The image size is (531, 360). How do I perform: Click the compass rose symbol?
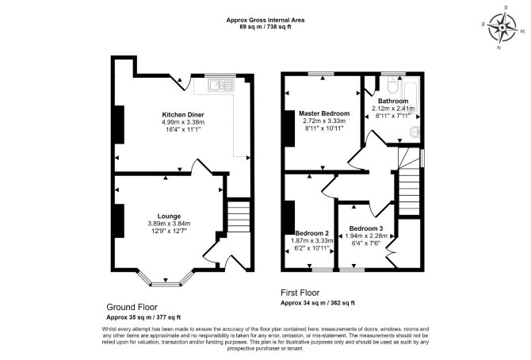click(x=503, y=27)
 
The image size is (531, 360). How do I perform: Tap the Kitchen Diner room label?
click(x=183, y=114)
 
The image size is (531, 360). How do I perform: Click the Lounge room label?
click(x=169, y=216)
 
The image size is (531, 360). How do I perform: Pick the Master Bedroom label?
click(x=324, y=113)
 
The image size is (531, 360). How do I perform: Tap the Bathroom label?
click(x=393, y=101)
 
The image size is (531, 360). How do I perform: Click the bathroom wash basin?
click(x=415, y=131)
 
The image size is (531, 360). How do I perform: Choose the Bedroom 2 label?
click(x=312, y=233)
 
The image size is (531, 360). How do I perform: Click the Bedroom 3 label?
click(x=366, y=228)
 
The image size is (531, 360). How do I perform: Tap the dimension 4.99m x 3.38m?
click(x=183, y=122)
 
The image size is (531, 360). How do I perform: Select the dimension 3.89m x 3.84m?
click(x=169, y=224)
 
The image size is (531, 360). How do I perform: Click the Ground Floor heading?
click(x=132, y=307)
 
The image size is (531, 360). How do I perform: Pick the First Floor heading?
click(x=300, y=293)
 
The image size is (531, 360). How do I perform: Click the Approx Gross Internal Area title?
click(x=265, y=20)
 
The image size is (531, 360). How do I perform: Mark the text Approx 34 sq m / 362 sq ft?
click(x=318, y=303)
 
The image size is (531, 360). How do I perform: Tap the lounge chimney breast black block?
click(x=120, y=221)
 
